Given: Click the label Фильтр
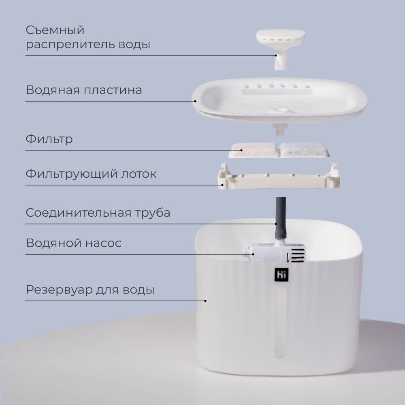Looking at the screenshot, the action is (49, 139).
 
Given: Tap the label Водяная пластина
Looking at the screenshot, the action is (84, 90).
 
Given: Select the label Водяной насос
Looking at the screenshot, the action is (74, 243).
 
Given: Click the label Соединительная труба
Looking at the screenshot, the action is (98, 213).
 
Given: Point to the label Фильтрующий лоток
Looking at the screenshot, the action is (91, 174).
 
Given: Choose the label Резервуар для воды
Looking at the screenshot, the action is (90, 290).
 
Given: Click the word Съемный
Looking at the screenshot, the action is (55, 30).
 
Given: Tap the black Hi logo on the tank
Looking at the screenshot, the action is (281, 274).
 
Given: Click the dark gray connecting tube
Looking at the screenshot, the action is (281, 219).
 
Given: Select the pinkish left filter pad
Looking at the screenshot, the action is (254, 150).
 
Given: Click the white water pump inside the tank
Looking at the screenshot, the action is (275, 253).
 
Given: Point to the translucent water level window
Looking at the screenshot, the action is (281, 322).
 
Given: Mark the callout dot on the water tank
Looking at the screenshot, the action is (205, 301).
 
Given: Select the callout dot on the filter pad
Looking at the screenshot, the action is (241, 150).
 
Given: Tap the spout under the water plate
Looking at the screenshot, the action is (280, 129).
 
